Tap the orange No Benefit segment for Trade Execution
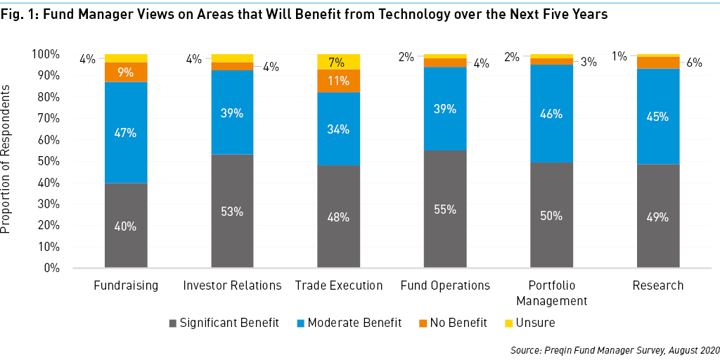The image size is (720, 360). pyautogui.click(x=338, y=81)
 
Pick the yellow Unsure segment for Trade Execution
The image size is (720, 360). pyautogui.click(x=338, y=61)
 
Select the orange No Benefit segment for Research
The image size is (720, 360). pyautogui.click(x=658, y=63)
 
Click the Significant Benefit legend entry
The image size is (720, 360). pyautogui.click(x=224, y=323)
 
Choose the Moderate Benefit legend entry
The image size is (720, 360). pyautogui.click(x=349, y=323)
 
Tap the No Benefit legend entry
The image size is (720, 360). pyautogui.click(x=453, y=323)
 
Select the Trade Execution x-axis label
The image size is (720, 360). pyautogui.click(x=339, y=285)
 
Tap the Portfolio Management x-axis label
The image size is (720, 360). pyautogui.click(x=551, y=293)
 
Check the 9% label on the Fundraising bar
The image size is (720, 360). pyautogui.click(x=126, y=72)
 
